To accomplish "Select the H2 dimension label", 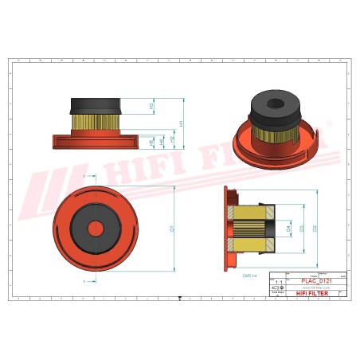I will (172, 139).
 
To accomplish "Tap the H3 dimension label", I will (152, 106).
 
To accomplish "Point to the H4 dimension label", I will (162, 141).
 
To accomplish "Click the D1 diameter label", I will (172, 229).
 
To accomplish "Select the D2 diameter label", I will (315, 228).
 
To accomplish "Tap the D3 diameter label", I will (301, 228).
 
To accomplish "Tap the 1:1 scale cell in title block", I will (277, 282).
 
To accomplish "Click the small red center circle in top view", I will (96, 228).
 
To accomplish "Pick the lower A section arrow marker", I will (85, 281).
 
